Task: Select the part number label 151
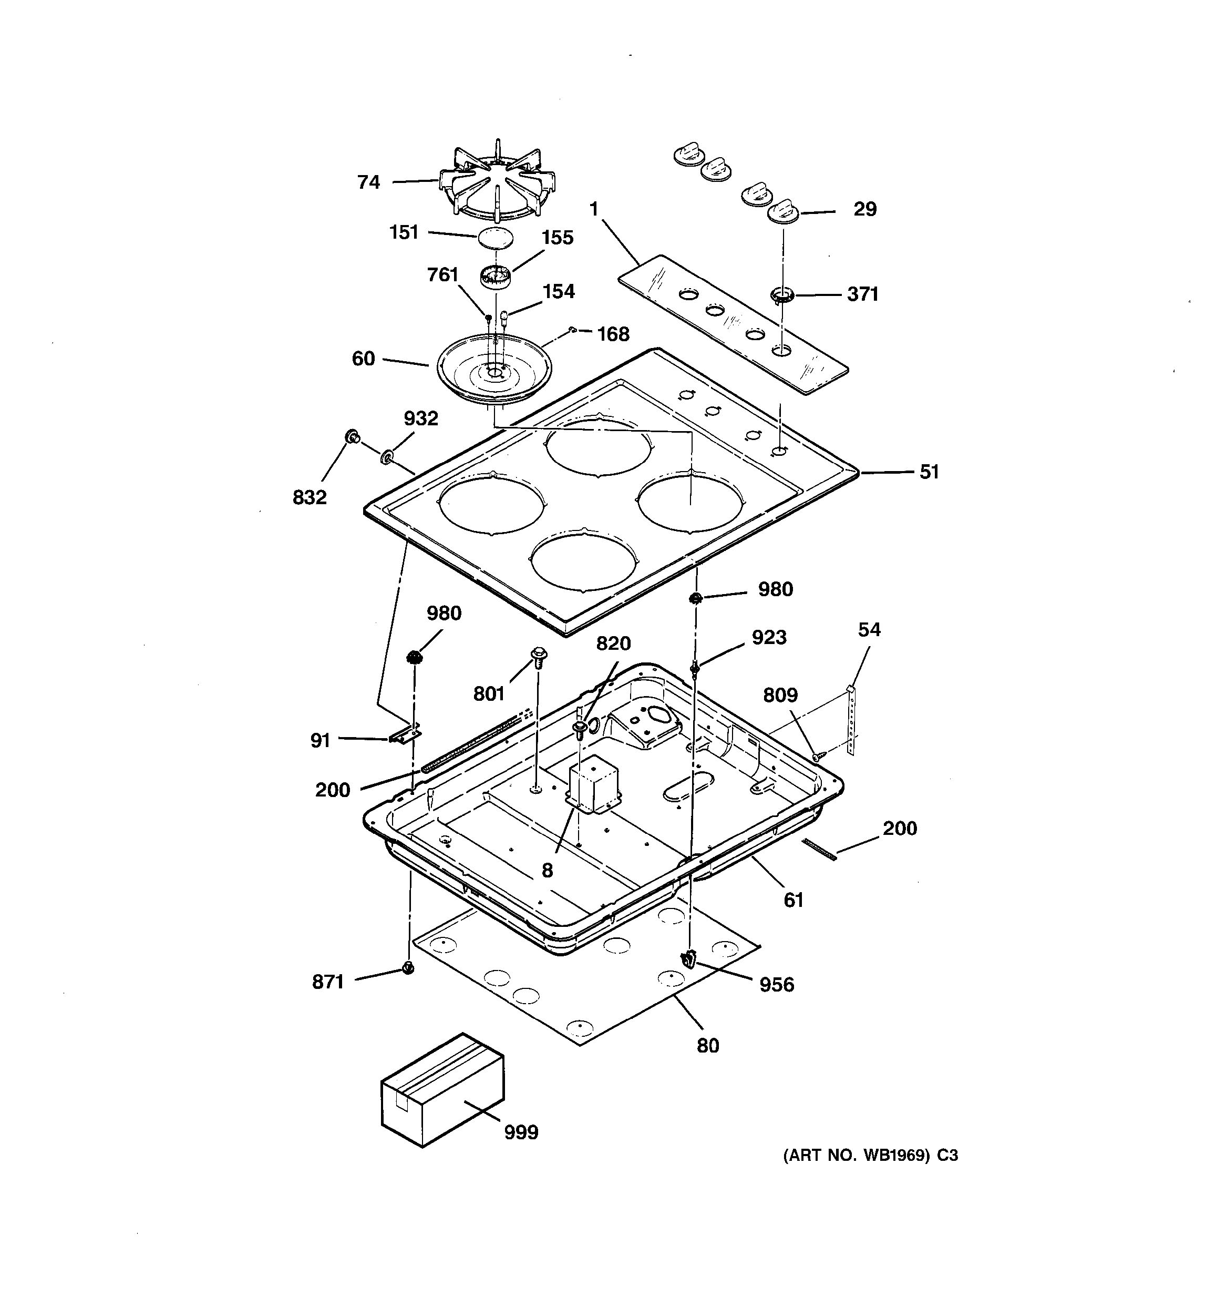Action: (404, 232)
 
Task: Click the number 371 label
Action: (863, 294)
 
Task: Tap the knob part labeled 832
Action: (353, 437)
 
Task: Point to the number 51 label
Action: (929, 472)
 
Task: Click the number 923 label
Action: (769, 637)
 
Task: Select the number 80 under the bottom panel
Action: (707, 1045)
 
